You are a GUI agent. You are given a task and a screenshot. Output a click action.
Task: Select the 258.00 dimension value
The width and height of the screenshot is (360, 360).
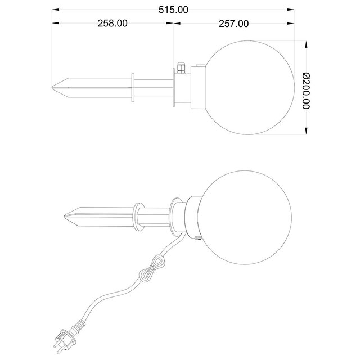click(x=112, y=24)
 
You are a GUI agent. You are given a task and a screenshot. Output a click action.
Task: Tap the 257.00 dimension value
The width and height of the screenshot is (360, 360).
click(x=233, y=24)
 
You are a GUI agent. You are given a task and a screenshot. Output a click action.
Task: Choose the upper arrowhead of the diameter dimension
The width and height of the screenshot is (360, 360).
click(x=305, y=45)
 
